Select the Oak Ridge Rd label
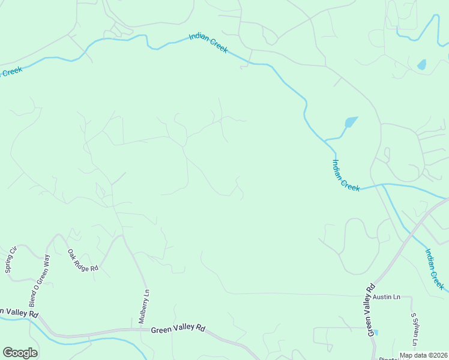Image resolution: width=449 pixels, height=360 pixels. pyautogui.click(x=82, y=261)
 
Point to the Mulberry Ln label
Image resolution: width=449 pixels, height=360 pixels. pyautogui.click(x=143, y=307)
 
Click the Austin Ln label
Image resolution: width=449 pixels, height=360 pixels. pyautogui.click(x=386, y=297)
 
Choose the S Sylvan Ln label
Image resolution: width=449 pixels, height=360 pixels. pyautogui.click(x=414, y=324)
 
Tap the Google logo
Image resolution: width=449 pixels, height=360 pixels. pyautogui.click(x=20, y=353)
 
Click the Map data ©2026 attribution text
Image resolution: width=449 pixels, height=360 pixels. pyautogui.click(x=423, y=355)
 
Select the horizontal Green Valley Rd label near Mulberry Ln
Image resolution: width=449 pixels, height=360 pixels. pyautogui.click(x=178, y=329)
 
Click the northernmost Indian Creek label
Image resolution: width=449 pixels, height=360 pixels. pyautogui.click(x=208, y=43)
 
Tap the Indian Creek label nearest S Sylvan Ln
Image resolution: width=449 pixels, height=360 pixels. pyautogui.click(x=434, y=270)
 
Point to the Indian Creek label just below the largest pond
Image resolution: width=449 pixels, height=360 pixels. pyautogui.click(x=346, y=175)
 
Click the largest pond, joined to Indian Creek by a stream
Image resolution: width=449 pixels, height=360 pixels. pyautogui.click(x=350, y=122)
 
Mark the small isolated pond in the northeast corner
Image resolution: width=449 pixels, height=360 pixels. pyautogui.click(x=421, y=64)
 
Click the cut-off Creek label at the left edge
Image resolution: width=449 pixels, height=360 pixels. pyautogui.click(x=11, y=71)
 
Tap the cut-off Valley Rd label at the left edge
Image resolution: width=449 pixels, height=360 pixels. pyautogui.click(x=19, y=313)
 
